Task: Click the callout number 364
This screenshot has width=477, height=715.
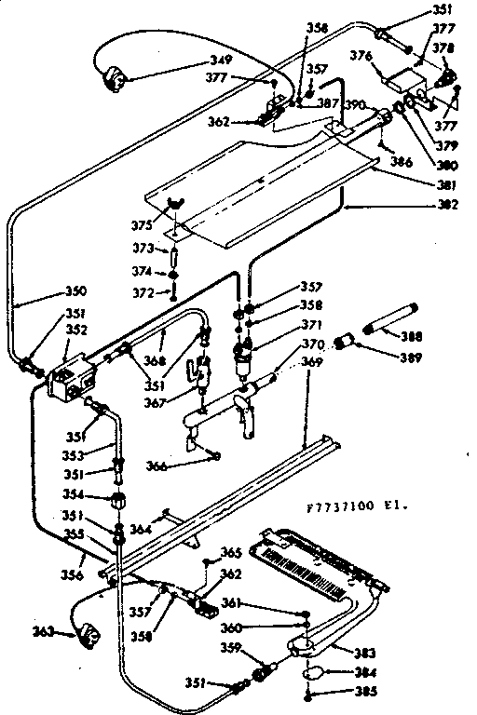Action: (x=140, y=530)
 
